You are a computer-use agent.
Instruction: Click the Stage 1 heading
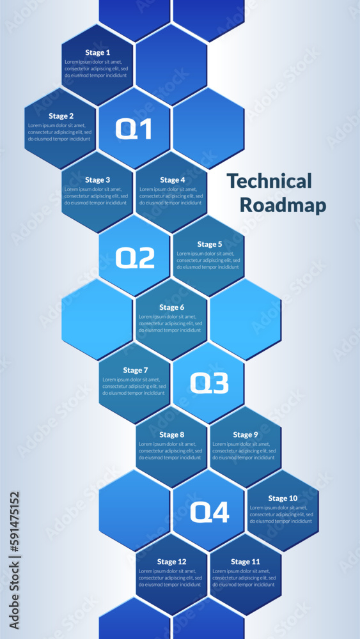[97, 52]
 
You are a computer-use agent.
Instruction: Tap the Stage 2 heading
[61, 116]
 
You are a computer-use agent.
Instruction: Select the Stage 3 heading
[97, 180]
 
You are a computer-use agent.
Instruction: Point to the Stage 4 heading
[173, 180]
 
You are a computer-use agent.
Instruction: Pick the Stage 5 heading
[210, 244]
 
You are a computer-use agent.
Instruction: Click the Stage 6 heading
[171, 307]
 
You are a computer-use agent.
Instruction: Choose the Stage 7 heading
[136, 371]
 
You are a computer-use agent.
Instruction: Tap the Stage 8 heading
[171, 435]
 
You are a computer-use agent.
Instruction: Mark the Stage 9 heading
[246, 435]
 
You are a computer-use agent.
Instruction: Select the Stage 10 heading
[283, 498]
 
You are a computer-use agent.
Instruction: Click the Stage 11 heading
[246, 562]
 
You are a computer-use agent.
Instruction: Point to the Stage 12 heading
[171, 562]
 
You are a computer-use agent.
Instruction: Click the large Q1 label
[134, 129]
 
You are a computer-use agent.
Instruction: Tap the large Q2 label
[135, 258]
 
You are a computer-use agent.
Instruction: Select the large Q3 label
[209, 383]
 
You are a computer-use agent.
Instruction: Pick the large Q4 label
[210, 512]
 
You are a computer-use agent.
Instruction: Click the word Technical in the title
[269, 181]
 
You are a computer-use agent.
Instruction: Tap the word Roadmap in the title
[283, 205]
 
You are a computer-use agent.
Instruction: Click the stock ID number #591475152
[15, 524]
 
